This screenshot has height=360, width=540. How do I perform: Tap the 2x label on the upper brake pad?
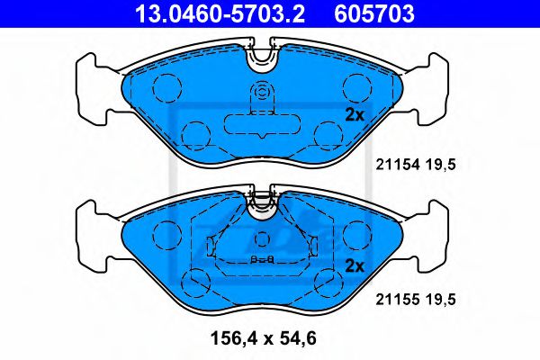[354, 115]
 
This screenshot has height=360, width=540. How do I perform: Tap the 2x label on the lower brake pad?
[354, 265]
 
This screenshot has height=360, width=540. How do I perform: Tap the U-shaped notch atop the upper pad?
[262, 56]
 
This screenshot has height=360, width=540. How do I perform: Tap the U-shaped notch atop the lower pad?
[262, 204]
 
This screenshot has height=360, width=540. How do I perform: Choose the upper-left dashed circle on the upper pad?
[167, 86]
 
